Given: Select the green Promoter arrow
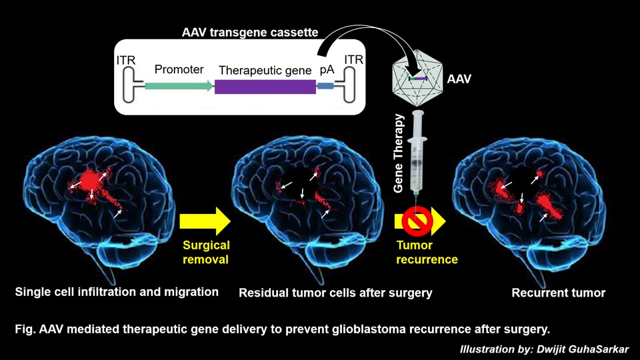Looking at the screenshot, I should click(x=179, y=86).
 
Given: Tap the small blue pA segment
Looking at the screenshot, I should click(x=325, y=87).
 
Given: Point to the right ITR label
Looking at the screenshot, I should click(x=353, y=61).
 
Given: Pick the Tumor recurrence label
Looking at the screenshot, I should click(x=427, y=252).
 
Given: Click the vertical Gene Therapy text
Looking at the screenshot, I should click(x=399, y=153).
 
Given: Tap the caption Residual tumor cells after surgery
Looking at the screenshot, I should click(x=335, y=293).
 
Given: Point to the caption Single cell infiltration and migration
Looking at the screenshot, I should click(x=117, y=292).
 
